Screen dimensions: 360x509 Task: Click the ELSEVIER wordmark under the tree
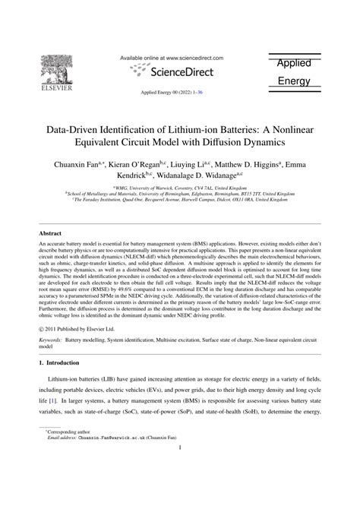click(x=58, y=86)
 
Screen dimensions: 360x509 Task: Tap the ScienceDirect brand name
click(x=182, y=72)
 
